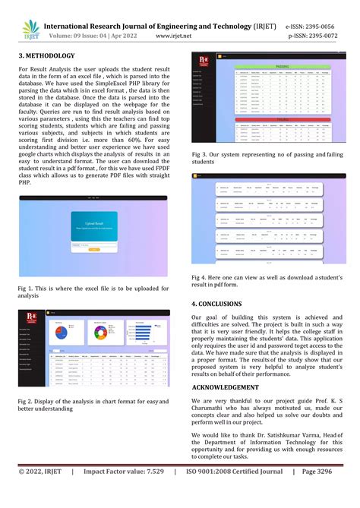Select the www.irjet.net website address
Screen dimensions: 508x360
tap(178, 35)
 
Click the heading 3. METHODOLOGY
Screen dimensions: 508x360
tap(46, 56)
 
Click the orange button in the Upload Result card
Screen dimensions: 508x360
tap(95, 248)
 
